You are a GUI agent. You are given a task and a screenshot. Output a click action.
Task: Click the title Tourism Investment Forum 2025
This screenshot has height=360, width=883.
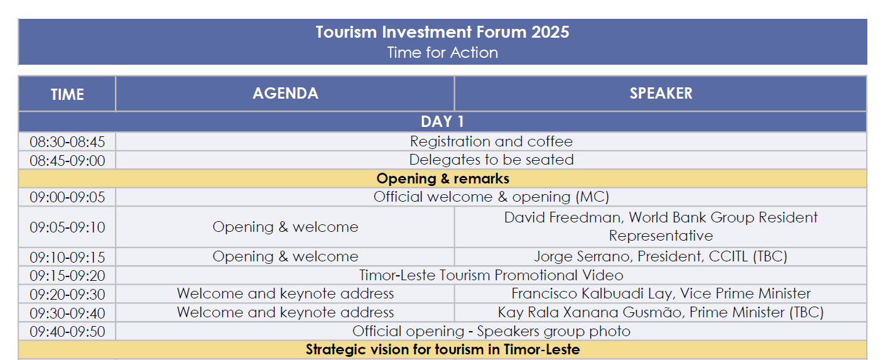tap(442, 32)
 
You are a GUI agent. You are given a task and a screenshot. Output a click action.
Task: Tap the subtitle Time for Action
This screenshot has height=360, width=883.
tap(442, 52)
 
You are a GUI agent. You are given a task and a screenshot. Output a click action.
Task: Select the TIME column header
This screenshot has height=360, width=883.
tap(67, 94)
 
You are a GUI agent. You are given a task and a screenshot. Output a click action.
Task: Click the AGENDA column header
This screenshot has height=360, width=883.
tap(285, 94)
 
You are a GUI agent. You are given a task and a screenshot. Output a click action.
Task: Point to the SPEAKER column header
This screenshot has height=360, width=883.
tap(661, 94)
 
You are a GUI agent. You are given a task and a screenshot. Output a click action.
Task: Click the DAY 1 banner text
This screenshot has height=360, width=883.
tap(442, 121)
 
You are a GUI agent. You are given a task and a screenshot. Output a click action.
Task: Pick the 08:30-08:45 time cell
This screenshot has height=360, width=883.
tap(67, 142)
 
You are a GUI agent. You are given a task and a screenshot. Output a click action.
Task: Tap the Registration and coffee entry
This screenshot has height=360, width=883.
tap(491, 141)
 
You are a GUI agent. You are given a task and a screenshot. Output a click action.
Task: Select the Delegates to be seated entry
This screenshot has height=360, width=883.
tap(491, 160)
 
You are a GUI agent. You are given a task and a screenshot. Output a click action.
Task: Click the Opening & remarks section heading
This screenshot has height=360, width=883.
tap(443, 178)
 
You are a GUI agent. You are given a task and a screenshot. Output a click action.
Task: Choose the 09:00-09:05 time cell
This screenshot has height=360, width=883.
tap(67, 197)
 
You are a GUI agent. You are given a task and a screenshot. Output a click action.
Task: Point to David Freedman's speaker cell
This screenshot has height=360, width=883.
tap(661, 226)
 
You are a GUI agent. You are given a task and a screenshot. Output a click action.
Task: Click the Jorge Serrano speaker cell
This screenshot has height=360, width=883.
tap(661, 257)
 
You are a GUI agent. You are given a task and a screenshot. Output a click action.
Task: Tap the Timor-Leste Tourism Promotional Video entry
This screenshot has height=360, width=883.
tap(491, 275)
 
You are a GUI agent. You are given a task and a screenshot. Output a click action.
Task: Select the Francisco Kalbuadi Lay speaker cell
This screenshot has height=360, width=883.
tap(661, 294)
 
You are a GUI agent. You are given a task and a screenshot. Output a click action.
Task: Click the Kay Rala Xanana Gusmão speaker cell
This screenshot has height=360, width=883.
tap(661, 312)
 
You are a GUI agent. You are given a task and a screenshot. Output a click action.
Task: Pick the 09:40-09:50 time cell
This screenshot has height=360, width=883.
tap(67, 332)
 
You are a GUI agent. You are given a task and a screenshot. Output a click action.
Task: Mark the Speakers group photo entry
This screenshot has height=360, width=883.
tap(491, 331)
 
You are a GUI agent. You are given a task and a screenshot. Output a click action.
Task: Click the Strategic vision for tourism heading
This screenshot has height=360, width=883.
tap(443, 350)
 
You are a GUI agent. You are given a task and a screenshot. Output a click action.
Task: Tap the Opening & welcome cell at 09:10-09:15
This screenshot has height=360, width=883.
tap(285, 257)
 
